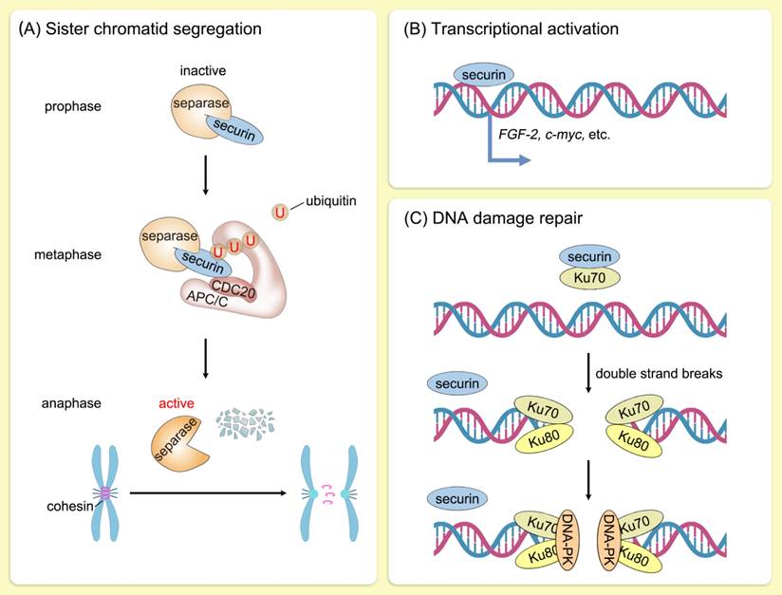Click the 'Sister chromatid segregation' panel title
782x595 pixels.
pyautogui.click(x=140, y=29)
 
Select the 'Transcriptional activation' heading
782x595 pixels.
pyautogui.click(x=511, y=29)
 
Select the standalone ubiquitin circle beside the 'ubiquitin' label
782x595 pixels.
pyautogui.click(x=280, y=212)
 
